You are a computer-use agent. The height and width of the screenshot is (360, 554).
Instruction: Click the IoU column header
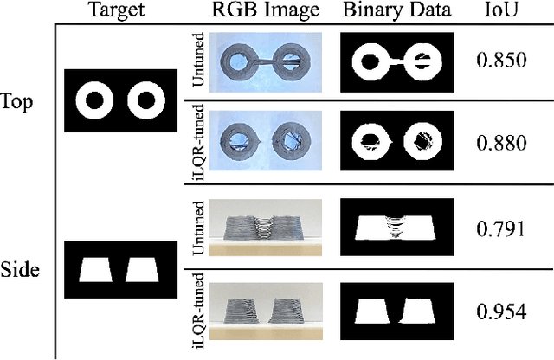click(x=499, y=10)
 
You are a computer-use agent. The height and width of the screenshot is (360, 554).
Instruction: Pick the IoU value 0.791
click(x=500, y=228)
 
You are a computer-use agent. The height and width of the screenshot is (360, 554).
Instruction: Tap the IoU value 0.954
click(x=500, y=311)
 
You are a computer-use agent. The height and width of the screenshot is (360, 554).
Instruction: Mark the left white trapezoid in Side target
click(x=95, y=270)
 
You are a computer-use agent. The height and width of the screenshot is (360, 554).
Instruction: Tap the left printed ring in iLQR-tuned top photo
click(x=234, y=139)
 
